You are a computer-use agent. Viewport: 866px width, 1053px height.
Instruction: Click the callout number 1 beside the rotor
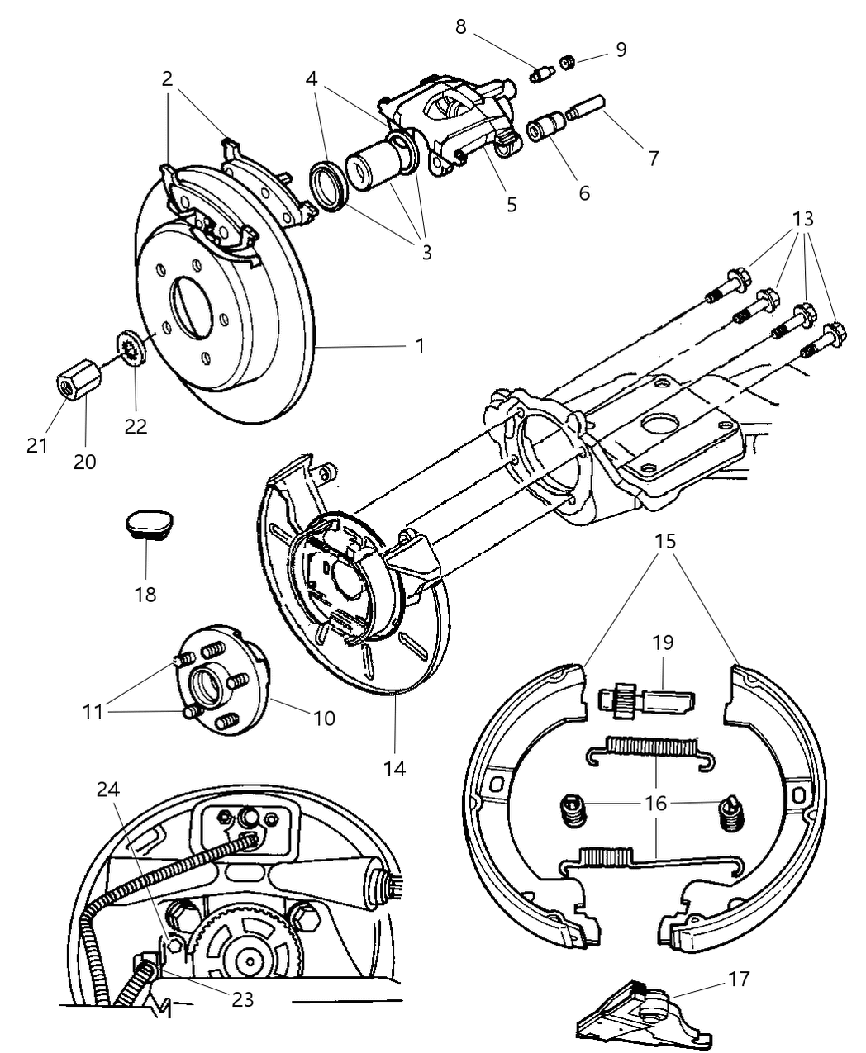click(420, 345)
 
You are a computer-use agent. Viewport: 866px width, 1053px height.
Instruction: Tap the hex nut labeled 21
click(75, 384)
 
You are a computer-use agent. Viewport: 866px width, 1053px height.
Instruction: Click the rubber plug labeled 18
click(149, 524)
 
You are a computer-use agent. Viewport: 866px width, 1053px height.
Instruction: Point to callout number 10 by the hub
click(325, 719)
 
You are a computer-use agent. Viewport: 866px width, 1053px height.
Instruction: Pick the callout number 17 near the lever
click(739, 979)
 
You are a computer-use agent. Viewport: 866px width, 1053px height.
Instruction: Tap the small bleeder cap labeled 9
click(566, 62)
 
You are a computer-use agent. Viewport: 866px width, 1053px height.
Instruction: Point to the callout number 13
click(802, 219)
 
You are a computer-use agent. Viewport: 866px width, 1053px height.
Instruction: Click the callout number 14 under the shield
click(395, 768)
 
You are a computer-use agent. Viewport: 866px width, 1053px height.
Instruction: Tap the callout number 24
click(108, 790)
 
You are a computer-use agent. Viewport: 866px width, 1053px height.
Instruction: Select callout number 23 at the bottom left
click(242, 999)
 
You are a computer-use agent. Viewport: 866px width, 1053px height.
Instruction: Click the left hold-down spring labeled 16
click(573, 809)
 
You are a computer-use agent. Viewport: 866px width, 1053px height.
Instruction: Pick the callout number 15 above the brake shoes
click(665, 542)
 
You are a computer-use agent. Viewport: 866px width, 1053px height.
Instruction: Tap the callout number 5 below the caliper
click(512, 203)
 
